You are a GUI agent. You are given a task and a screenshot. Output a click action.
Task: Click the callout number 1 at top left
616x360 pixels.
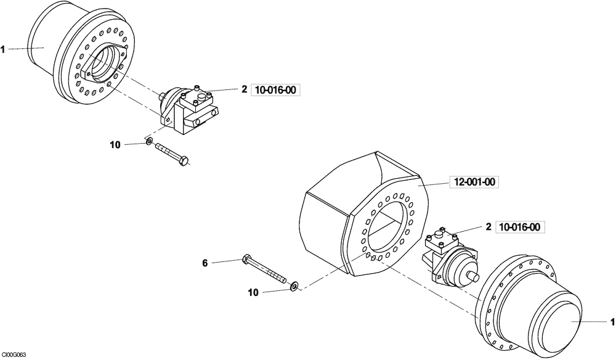click(x=3, y=49)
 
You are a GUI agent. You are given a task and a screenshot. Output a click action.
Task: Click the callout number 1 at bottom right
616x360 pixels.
click(x=612, y=321)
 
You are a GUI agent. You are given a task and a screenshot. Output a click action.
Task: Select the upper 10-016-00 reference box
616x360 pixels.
click(x=275, y=90)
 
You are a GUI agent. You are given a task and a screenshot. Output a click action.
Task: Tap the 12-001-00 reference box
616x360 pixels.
click(x=475, y=182)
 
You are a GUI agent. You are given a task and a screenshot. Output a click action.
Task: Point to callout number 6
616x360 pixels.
click(x=205, y=263)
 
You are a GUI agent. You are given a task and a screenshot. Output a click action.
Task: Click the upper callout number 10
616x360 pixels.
click(x=115, y=145)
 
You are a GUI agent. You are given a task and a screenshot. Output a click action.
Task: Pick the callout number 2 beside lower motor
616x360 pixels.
click(x=488, y=227)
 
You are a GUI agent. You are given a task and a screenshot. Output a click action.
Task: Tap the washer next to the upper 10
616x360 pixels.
click(x=149, y=143)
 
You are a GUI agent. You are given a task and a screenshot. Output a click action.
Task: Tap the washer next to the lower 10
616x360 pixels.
click(x=294, y=285)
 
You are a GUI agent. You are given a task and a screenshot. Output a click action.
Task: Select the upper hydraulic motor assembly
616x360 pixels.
click(x=188, y=108)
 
